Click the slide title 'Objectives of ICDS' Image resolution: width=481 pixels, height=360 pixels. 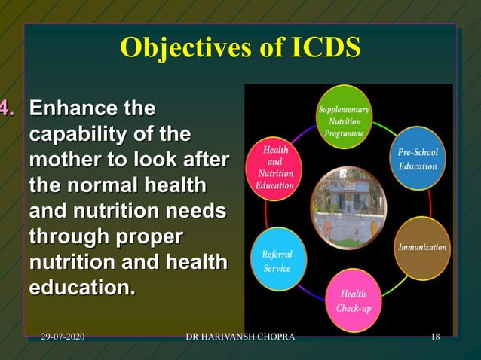240,47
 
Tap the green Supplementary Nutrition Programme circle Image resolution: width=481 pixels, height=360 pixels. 344,121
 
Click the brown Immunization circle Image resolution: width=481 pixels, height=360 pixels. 421,247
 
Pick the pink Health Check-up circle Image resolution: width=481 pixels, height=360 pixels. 353,301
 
